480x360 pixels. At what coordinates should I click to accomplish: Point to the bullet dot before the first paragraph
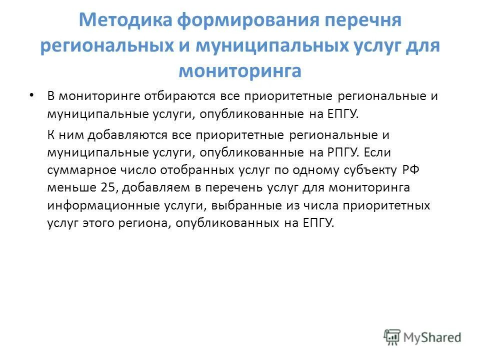32,95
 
